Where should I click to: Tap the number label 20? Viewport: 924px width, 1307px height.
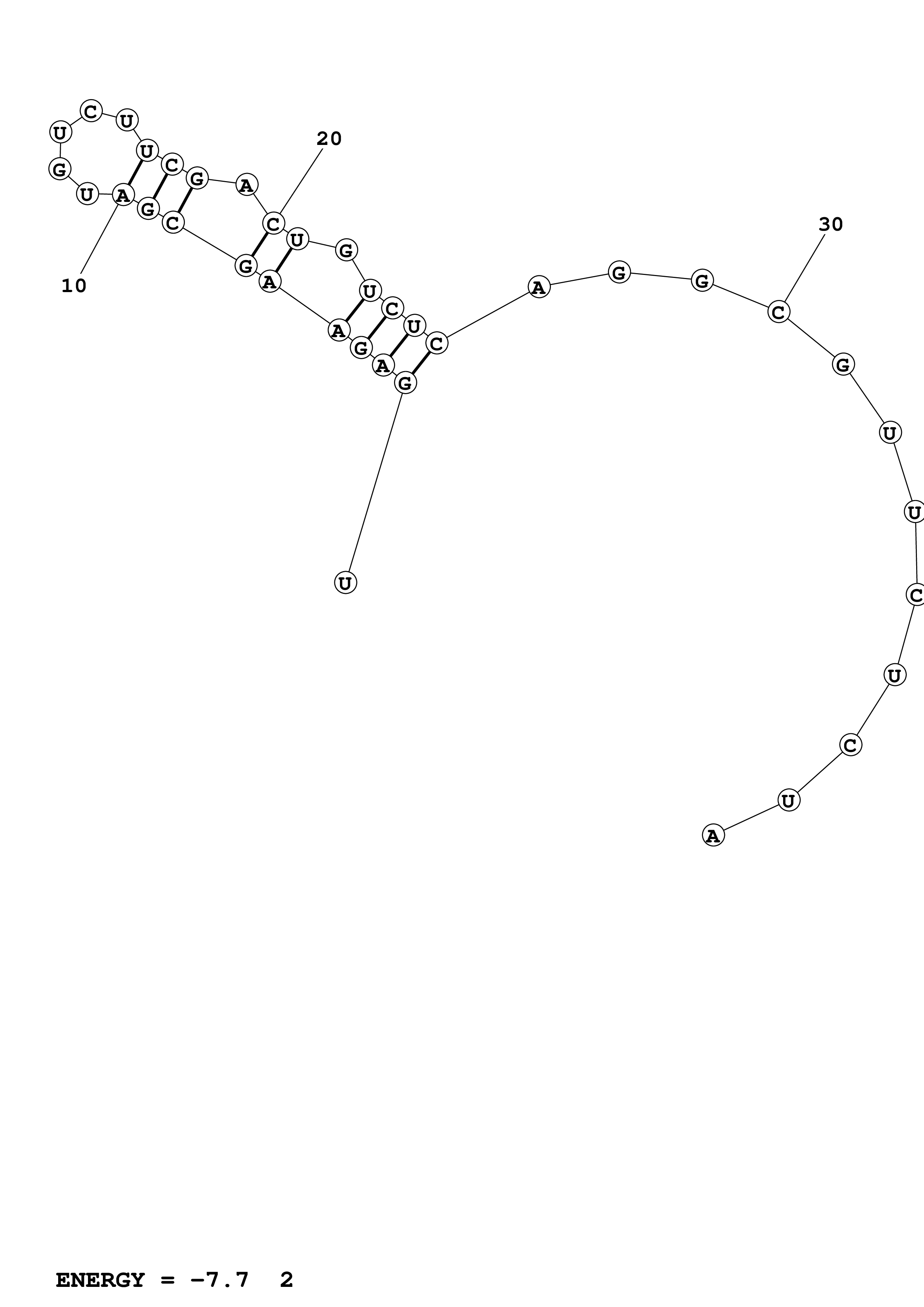click(329, 139)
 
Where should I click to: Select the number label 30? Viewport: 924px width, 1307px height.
click(831, 225)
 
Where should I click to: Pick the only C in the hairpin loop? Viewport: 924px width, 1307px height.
click(91, 111)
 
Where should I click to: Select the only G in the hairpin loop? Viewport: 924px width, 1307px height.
click(59, 169)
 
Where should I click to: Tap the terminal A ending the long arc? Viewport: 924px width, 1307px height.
click(713, 836)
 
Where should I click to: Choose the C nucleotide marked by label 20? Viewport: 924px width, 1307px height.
click(273, 224)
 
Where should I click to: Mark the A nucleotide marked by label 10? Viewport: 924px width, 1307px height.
click(122, 195)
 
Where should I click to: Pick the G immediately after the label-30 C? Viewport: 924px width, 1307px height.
click(843, 364)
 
